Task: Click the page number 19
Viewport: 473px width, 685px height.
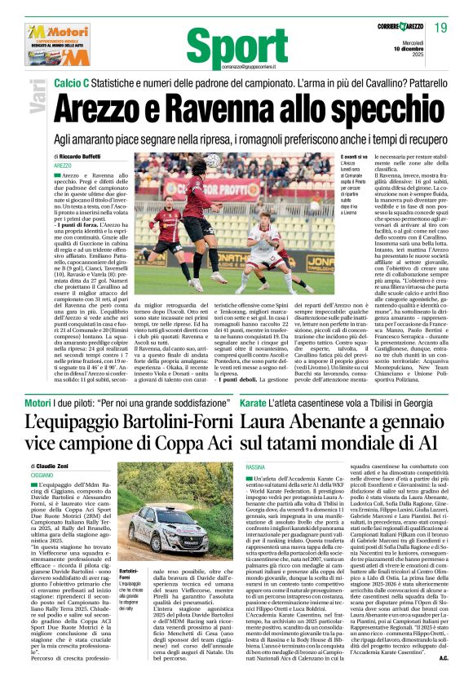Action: (441, 29)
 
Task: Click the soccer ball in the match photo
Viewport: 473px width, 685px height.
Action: (213, 166)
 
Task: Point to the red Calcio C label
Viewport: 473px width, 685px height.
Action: (76, 84)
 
